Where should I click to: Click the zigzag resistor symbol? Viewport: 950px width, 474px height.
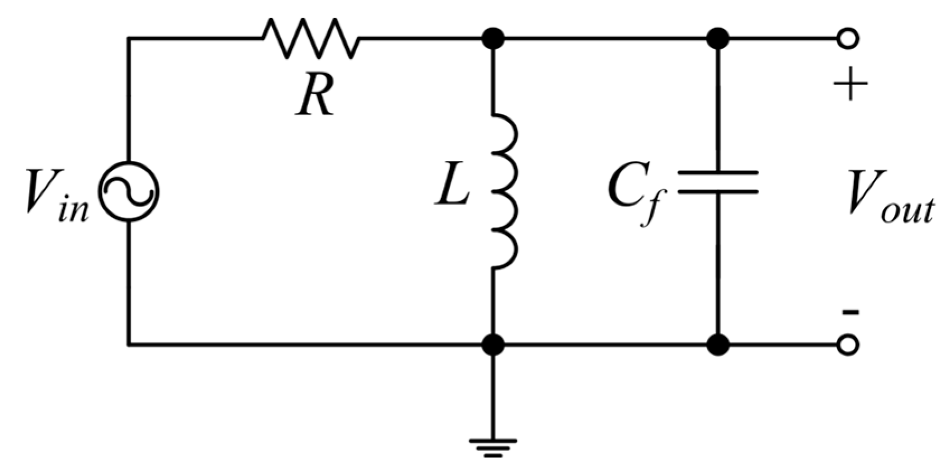point(311,38)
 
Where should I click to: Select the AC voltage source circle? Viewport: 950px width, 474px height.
point(129,192)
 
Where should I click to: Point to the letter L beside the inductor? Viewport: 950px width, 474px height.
point(452,187)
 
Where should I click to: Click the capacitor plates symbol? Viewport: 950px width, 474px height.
point(718,182)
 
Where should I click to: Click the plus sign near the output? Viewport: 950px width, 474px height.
point(850,84)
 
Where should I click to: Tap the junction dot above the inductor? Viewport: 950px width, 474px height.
point(493,39)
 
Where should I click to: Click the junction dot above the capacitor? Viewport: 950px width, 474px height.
point(718,39)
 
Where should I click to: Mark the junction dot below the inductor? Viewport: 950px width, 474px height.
point(493,345)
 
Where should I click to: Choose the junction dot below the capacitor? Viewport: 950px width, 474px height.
point(718,345)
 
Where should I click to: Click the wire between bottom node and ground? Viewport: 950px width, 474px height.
point(493,397)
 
